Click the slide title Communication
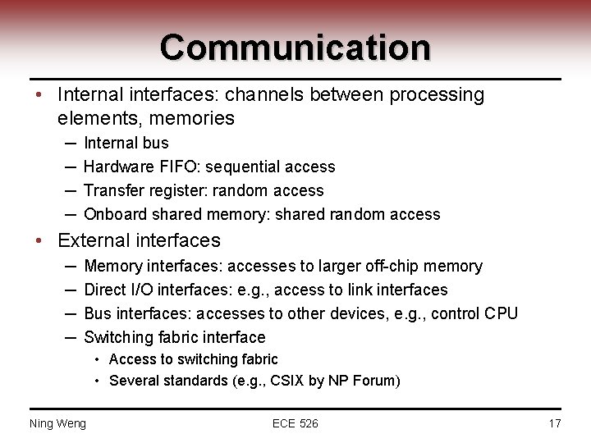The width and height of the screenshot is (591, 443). (x=295, y=47)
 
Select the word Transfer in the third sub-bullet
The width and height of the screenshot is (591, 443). (x=116, y=190)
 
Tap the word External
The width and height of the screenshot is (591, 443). (x=91, y=240)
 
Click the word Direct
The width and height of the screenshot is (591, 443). (x=105, y=290)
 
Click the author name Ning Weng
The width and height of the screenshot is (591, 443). (x=57, y=423)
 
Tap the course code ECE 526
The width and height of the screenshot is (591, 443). (x=295, y=423)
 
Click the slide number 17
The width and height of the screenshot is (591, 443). (x=554, y=423)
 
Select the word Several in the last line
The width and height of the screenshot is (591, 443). (x=134, y=381)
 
